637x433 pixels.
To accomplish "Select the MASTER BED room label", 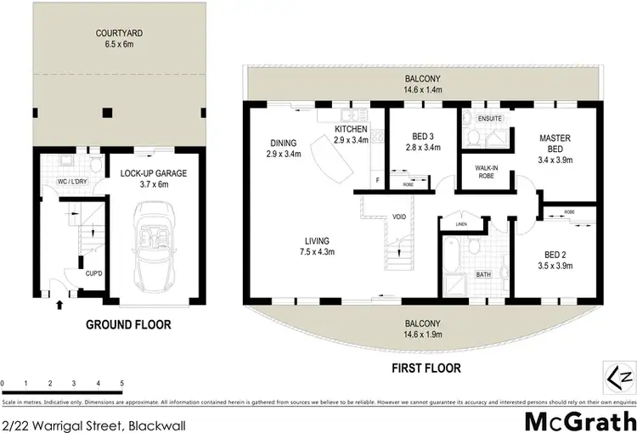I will pyautogui.click(x=555, y=143).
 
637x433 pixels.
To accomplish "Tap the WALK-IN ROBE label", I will pyautogui.click(x=486, y=172).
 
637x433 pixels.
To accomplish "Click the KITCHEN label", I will pyautogui.click(x=351, y=128).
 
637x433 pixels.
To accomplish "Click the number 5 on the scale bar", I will pyautogui.click(x=122, y=384).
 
